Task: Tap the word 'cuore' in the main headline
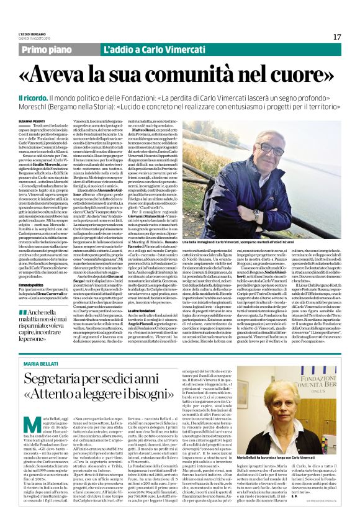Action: coord(302,74)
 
